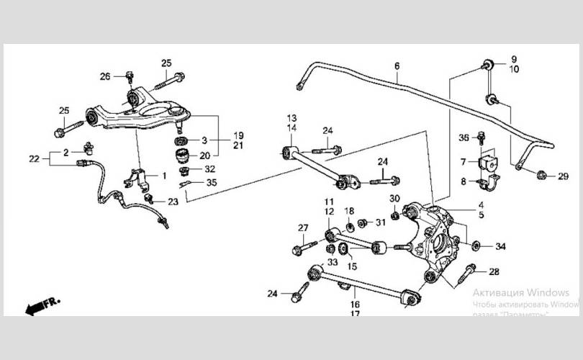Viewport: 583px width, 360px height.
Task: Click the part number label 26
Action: (x=105, y=76)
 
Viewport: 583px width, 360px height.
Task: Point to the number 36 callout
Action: (x=464, y=138)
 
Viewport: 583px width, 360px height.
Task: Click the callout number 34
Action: (x=500, y=247)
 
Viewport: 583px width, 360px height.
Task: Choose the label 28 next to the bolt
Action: (x=494, y=271)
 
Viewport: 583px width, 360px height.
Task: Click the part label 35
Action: (x=211, y=183)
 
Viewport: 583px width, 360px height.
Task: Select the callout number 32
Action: (x=209, y=169)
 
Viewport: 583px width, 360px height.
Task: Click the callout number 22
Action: (x=34, y=158)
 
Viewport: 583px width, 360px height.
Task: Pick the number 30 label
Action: (x=394, y=199)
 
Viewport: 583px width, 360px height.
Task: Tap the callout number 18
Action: (x=348, y=210)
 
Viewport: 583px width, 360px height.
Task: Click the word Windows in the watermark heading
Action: (x=547, y=293)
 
